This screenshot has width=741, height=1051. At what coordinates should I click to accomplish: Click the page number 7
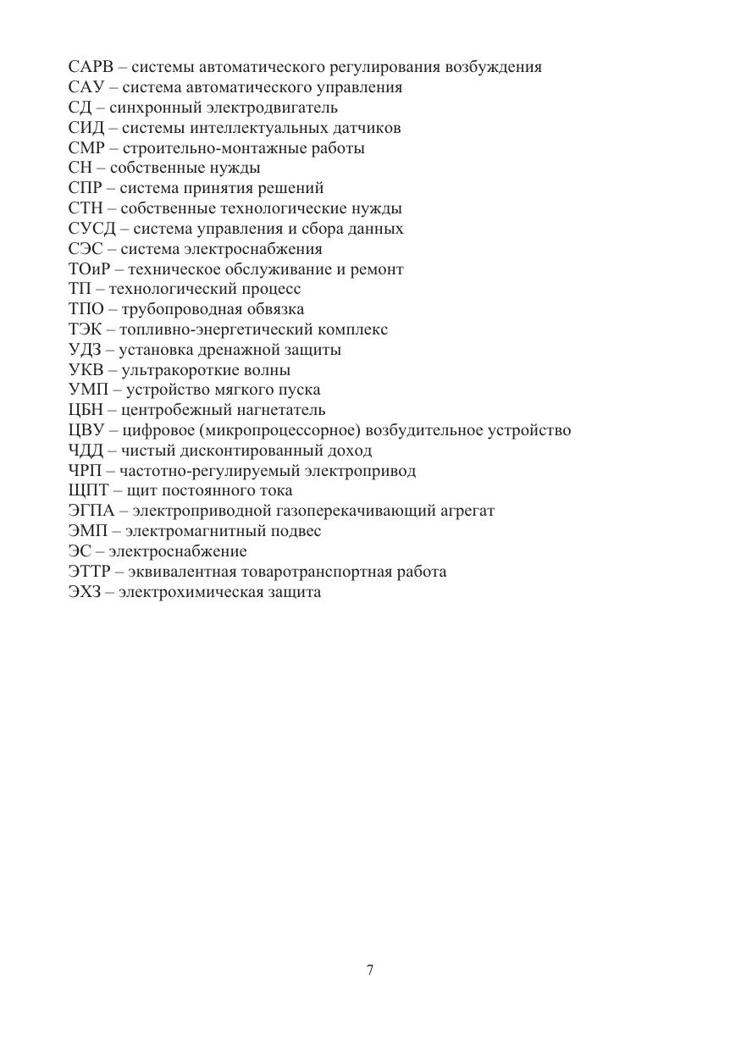(370, 971)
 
